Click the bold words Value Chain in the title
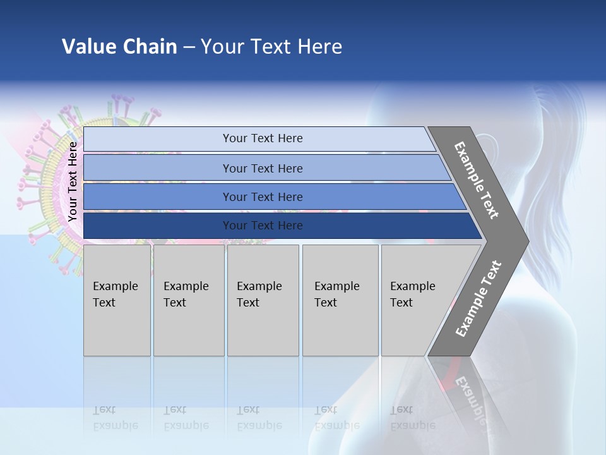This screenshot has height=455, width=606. [119, 47]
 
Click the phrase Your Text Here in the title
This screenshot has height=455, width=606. [271, 47]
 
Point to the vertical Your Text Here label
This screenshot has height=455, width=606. [73, 181]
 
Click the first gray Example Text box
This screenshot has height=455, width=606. [117, 300]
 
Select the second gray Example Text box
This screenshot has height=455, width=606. [188, 300]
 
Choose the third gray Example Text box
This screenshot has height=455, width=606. [263, 300]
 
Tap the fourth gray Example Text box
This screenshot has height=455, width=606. [340, 300]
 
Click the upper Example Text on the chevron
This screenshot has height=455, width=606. [477, 180]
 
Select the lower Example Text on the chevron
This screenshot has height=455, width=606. [478, 298]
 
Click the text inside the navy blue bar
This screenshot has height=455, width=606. [263, 226]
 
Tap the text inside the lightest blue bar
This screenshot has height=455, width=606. [263, 138]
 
